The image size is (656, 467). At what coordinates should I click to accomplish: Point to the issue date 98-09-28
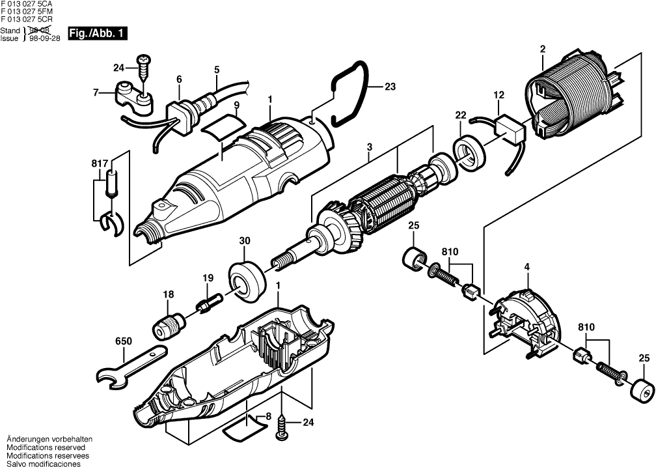tap(44, 38)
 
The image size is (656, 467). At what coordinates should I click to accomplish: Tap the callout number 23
tap(390, 87)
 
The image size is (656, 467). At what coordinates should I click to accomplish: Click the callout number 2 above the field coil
tap(542, 48)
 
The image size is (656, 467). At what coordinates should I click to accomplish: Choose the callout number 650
tap(123, 341)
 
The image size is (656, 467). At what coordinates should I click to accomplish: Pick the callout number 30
tap(245, 240)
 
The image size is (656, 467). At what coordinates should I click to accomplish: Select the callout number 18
tap(169, 295)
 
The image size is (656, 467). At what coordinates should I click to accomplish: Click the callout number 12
tap(499, 96)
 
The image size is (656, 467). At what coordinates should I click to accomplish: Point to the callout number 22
tap(461, 115)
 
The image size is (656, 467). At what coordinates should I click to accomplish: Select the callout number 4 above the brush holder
tap(527, 266)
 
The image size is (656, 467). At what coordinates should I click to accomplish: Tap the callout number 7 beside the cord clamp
tap(96, 92)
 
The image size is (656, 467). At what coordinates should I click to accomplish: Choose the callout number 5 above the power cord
tap(216, 70)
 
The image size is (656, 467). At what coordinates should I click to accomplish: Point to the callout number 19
tap(208, 278)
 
